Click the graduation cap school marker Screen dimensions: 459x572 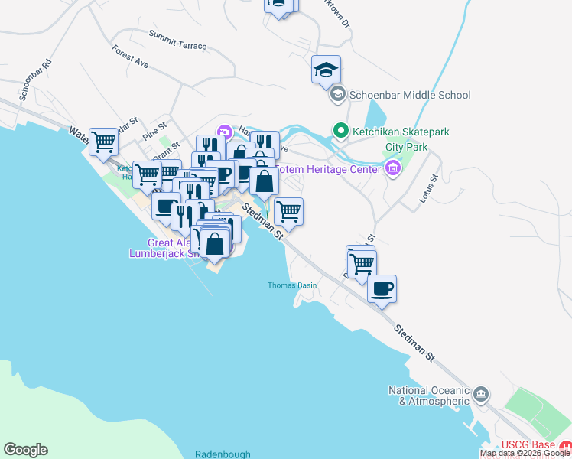[326, 70]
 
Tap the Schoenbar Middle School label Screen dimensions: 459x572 [410, 96]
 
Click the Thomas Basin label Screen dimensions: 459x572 [291, 285]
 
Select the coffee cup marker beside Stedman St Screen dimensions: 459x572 [382, 289]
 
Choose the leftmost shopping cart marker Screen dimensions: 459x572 [103, 141]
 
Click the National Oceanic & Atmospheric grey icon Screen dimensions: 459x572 [481, 394]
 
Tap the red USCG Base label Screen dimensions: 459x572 [528, 445]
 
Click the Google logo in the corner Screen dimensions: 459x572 [25, 450]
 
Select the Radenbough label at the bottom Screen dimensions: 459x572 [223, 453]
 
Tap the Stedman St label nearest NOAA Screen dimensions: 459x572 [414, 342]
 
